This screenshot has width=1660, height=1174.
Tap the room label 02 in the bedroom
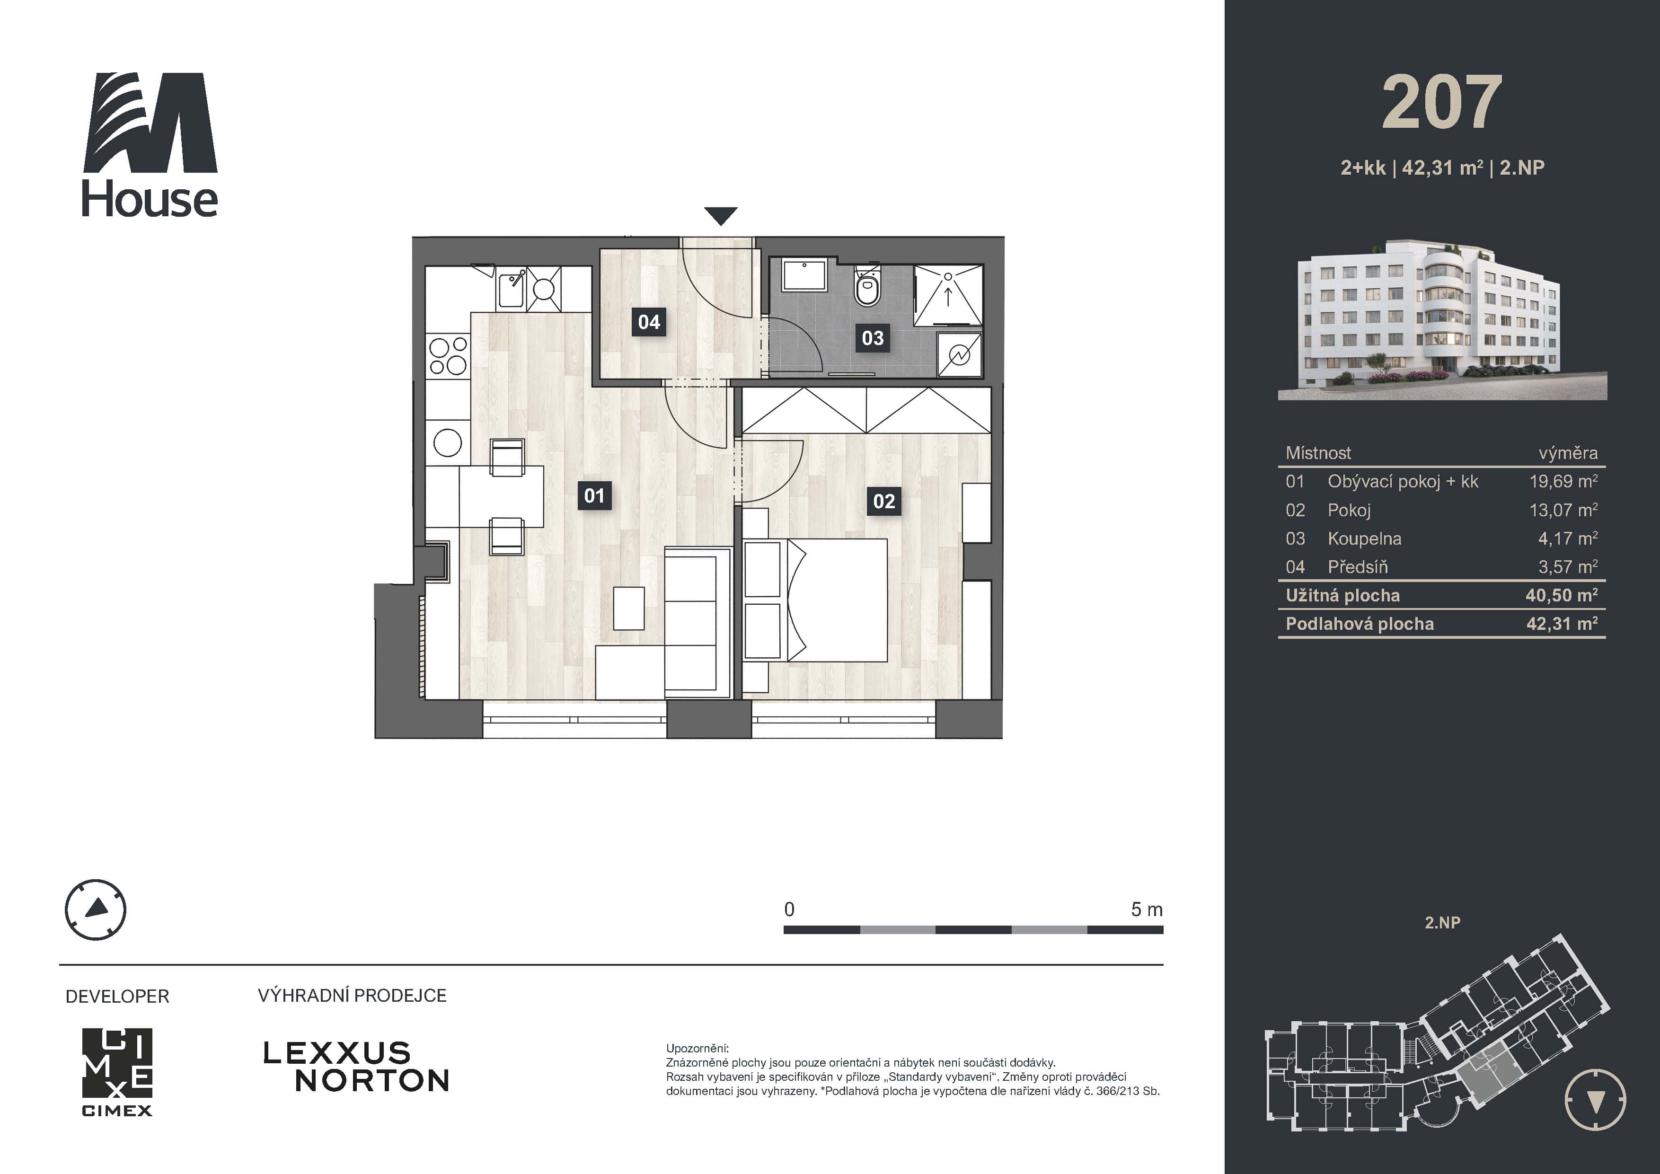883,501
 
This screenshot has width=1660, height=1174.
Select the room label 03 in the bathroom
873,337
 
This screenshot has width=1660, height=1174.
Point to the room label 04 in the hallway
649,322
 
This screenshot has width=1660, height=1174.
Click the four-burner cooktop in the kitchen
448,356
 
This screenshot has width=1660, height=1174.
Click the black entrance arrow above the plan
721,215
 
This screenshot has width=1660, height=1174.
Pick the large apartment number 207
1442,103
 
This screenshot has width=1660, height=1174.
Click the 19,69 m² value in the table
1563,481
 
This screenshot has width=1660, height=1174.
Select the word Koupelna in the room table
1364,538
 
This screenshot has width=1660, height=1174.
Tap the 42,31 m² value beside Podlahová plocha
1562,624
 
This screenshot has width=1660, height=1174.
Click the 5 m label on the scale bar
1146,909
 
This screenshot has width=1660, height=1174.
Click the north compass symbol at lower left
96,909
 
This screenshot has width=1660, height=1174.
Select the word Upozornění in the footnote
697,1048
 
